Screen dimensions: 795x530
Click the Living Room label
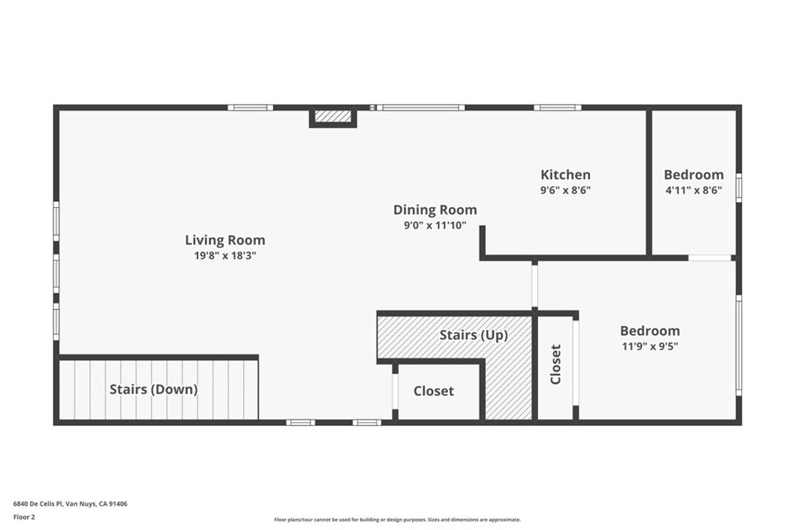tap(224, 241)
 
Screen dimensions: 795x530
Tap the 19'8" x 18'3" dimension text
tap(225, 255)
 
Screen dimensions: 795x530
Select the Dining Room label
tap(435, 210)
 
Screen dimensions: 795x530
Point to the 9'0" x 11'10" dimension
tap(435, 226)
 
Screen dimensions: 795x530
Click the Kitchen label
tap(565, 175)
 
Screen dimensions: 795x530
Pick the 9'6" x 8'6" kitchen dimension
tap(565, 191)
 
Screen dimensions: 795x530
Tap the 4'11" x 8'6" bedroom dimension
tap(693, 191)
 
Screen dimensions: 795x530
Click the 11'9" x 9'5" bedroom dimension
tap(650, 347)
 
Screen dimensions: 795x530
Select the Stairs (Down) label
tap(154, 390)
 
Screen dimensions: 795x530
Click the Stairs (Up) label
tap(474, 335)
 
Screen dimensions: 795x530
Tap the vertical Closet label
tap(556, 364)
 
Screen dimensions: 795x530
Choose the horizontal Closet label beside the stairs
tap(433, 391)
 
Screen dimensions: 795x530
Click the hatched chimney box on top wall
tap(333, 116)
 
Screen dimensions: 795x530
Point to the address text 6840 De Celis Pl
tap(52, 504)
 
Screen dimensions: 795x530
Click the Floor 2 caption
tap(24, 518)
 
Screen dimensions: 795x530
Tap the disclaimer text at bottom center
tap(397, 520)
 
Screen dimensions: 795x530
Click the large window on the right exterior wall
tap(739, 345)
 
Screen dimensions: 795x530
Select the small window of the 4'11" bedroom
tap(739, 189)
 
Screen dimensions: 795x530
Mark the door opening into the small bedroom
tap(710, 258)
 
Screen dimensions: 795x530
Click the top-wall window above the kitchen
tap(557, 107)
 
